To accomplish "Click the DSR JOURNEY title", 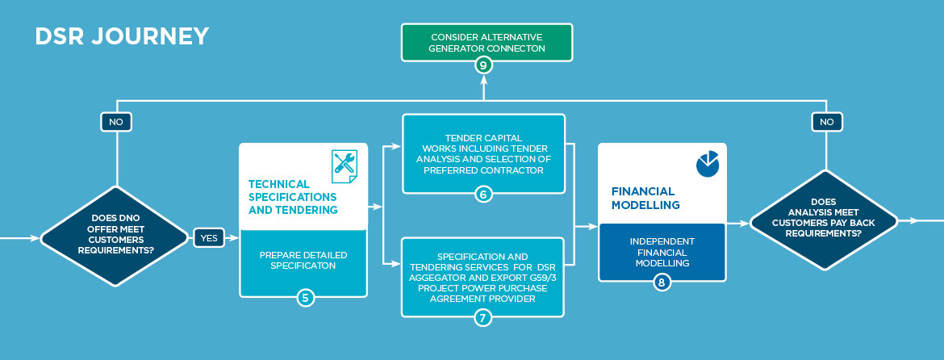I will click(122, 36).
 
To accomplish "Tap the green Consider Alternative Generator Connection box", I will click(487, 43).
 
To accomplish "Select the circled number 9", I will click(483, 65).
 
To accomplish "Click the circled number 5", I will click(304, 298).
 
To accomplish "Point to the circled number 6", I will click(483, 195).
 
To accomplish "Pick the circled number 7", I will click(482, 317).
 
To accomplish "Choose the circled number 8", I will click(662, 282).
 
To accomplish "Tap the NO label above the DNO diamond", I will click(116, 122).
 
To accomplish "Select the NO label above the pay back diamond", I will click(826, 122).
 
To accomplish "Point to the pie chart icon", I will click(708, 164).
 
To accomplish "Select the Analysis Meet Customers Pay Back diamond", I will click(826, 220).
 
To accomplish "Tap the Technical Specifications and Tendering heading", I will click(292, 197).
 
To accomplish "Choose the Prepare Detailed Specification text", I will click(303, 260).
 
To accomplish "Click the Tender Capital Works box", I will click(483, 153).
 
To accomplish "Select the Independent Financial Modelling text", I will click(662, 253).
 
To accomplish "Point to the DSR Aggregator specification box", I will click(482, 277).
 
